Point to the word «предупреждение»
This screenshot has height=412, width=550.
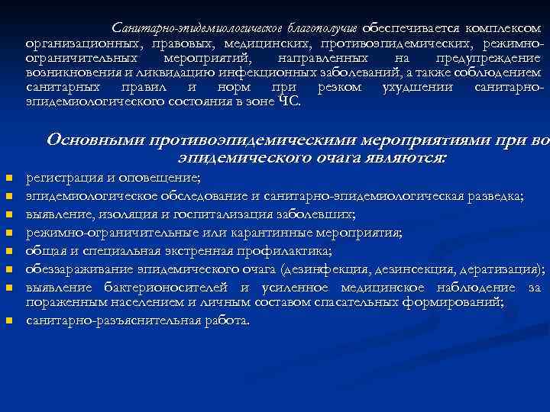coord(489,57)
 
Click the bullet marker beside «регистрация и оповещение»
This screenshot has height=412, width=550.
coord(9,179)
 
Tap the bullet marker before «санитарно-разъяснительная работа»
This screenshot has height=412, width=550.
coord(9,321)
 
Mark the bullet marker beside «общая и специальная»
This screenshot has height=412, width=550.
coord(9,251)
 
